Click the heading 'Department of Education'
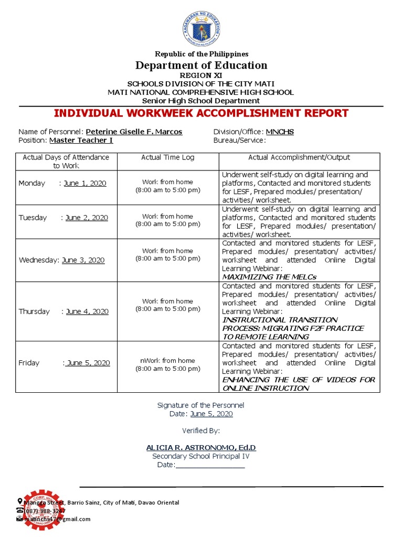point(201,66)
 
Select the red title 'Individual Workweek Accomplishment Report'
point(201,113)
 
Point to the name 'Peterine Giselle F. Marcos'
point(134,132)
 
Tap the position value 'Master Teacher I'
point(81,140)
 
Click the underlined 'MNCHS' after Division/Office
point(280,132)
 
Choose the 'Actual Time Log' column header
point(167,157)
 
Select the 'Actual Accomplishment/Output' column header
point(299,157)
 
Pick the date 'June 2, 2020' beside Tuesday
point(87,218)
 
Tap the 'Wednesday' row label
point(39,260)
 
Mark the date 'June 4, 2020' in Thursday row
point(87,312)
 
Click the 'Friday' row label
point(29,363)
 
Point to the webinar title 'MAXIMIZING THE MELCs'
point(269,276)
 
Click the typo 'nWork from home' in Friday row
point(167,360)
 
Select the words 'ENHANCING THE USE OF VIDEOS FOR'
point(299,380)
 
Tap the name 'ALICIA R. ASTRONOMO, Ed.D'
point(201,447)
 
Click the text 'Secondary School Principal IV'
point(201,456)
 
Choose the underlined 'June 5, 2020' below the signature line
point(211,414)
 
